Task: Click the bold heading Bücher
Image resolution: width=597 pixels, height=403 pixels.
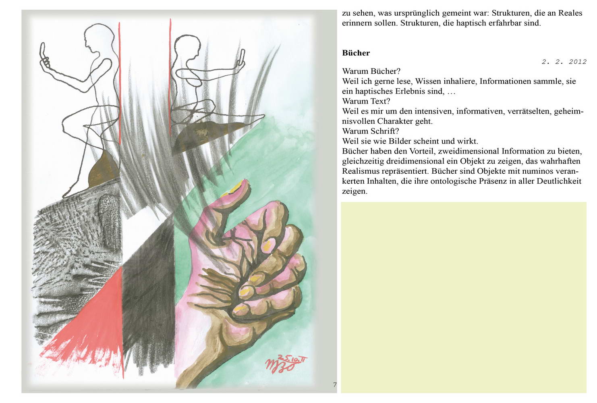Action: [356, 53]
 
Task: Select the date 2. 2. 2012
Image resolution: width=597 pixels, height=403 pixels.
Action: [564, 62]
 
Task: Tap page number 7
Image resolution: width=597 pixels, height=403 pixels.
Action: [335, 384]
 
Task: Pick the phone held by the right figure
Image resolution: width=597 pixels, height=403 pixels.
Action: [242, 57]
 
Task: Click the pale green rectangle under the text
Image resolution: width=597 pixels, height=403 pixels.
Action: [464, 297]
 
